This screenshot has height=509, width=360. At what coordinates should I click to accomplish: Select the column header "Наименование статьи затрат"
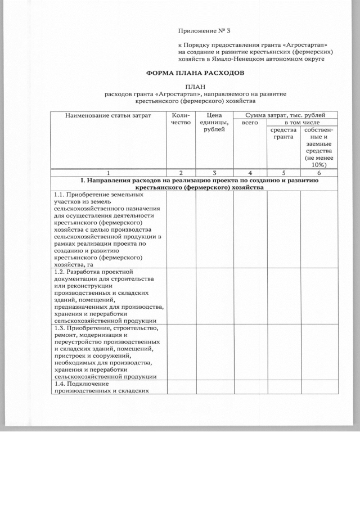tap(109, 115)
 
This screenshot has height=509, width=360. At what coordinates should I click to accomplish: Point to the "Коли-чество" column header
tap(181, 119)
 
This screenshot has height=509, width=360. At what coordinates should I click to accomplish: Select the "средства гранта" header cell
tap(283, 133)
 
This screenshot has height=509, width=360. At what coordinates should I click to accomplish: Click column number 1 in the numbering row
tap(109, 173)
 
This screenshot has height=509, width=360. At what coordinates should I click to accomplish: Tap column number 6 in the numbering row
tap(319, 173)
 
